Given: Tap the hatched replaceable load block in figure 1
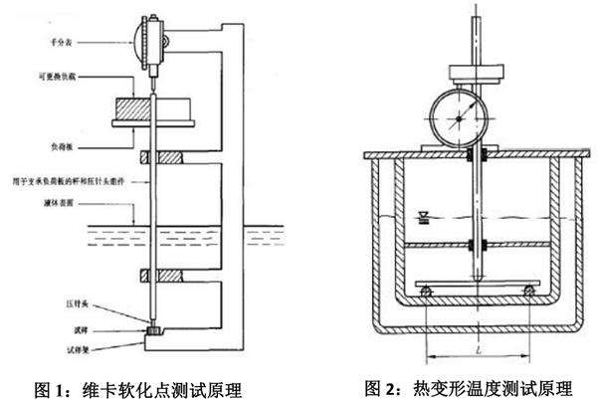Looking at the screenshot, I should [127, 107].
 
